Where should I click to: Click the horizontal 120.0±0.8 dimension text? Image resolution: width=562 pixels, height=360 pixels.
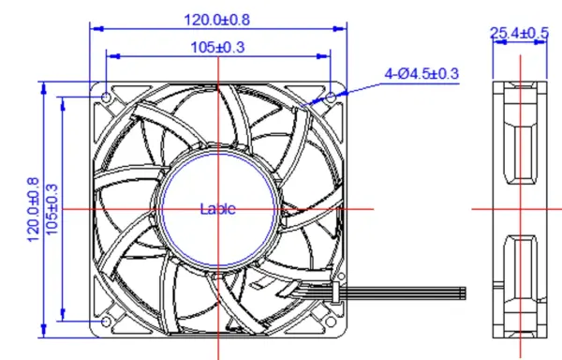[x=217, y=20]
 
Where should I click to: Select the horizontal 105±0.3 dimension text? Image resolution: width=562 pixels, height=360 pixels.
[x=217, y=47]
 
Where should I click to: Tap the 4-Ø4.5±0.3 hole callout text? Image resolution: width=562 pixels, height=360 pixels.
[x=421, y=73]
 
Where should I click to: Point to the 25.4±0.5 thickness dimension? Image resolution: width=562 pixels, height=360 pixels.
[x=519, y=33]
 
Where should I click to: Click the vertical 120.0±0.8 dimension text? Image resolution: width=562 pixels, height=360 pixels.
[x=33, y=209]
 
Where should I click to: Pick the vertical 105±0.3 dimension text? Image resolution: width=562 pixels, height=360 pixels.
[x=52, y=209]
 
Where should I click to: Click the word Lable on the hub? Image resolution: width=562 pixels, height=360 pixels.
[x=218, y=209]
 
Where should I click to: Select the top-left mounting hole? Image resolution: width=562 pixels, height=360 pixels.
[x=106, y=97]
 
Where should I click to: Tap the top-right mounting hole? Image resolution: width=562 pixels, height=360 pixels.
[x=331, y=97]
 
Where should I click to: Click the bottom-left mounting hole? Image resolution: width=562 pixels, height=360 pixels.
[x=106, y=322]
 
